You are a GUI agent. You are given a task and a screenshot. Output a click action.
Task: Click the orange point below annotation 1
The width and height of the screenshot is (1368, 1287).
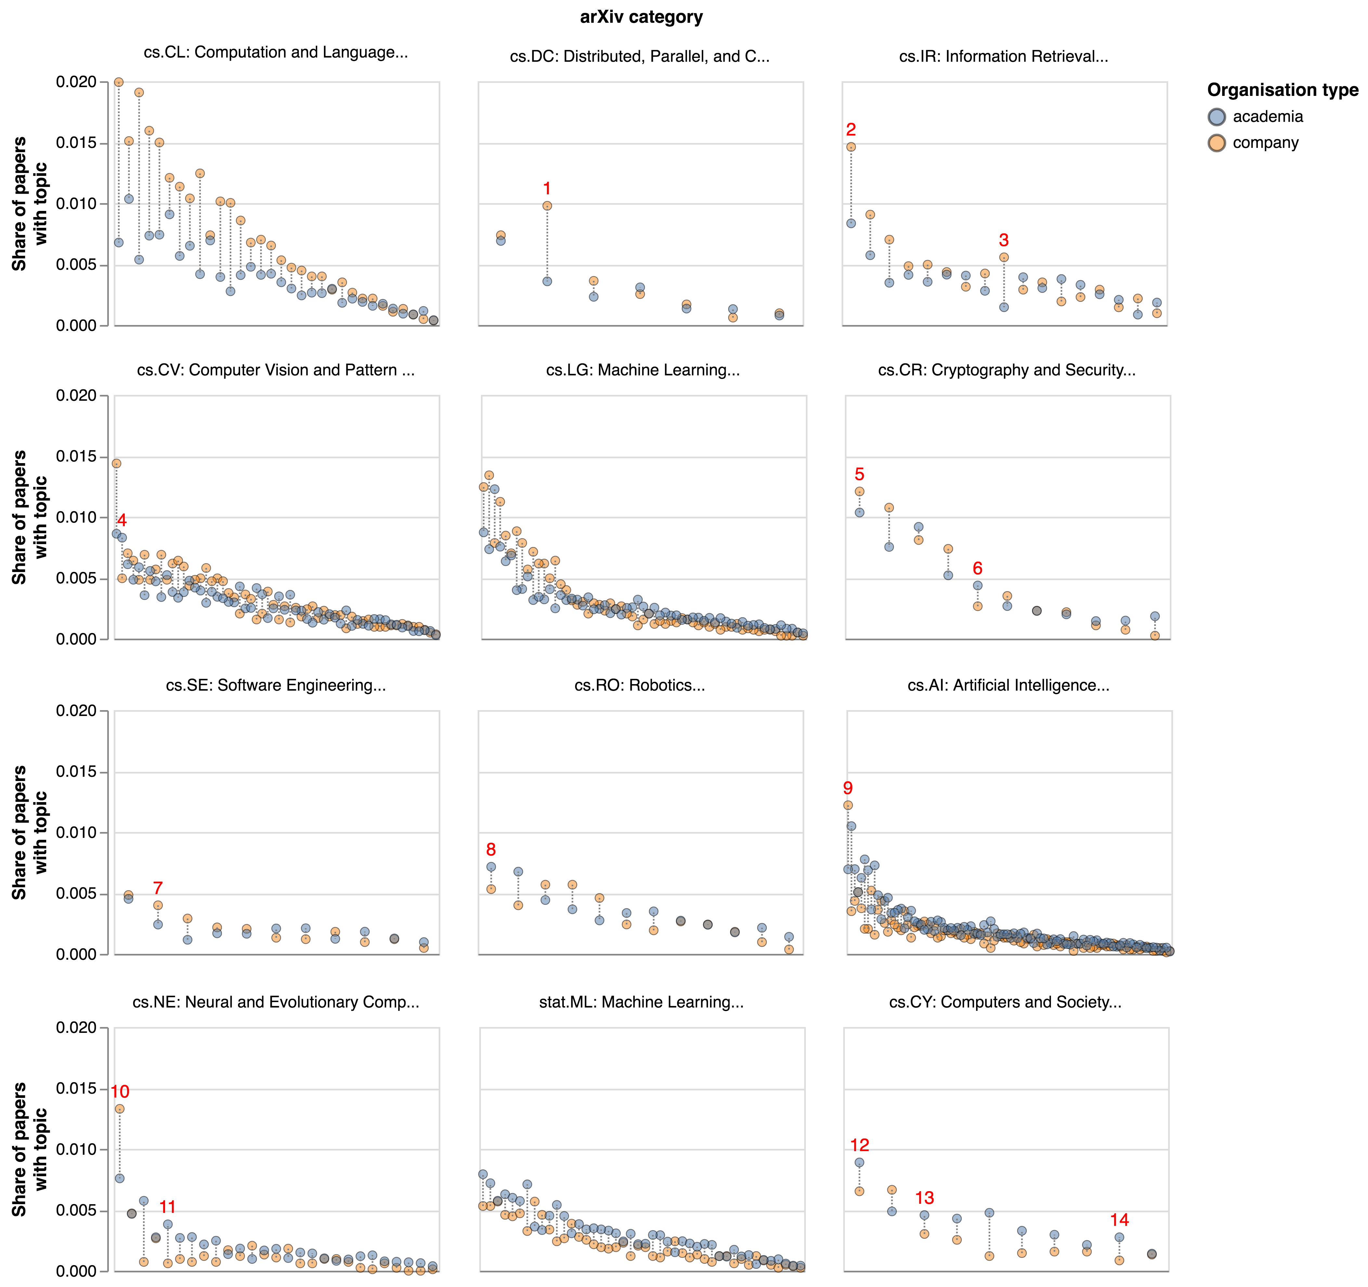click(x=547, y=206)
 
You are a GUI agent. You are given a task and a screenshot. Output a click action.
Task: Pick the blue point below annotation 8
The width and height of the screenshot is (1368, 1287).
click(x=491, y=867)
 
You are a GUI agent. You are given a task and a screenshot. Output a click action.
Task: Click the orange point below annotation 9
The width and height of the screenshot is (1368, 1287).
click(x=848, y=805)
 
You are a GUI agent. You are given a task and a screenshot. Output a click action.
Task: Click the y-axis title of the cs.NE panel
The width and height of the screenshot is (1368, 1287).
click(x=29, y=1149)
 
